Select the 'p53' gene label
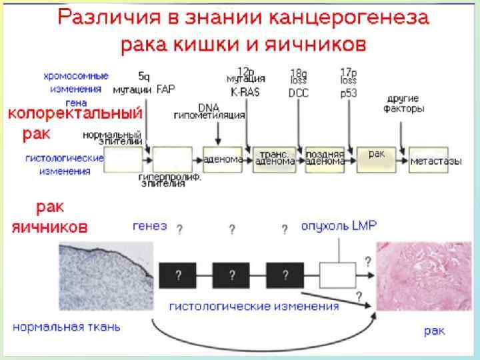coord(348,93)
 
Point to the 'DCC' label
coord(298,93)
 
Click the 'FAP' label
coord(165,89)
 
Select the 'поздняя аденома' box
coord(325,159)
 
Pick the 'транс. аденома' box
coord(273,159)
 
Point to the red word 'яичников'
coord(49,227)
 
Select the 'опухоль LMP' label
coord(338,227)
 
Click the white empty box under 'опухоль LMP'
coord(337,274)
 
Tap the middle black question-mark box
coord(231,274)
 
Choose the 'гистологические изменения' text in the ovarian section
coord(253,307)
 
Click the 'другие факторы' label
coord(403,105)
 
